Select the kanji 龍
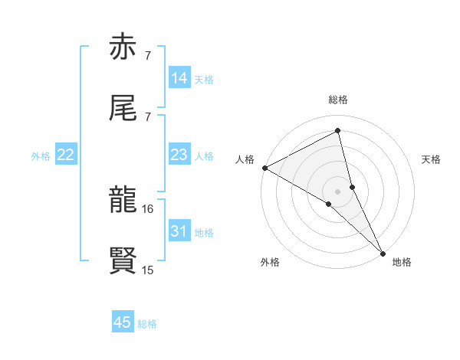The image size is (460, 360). click(x=123, y=200)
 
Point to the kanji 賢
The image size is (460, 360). click(x=123, y=261)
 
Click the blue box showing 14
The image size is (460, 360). click(x=179, y=78)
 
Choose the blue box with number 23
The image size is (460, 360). click(x=179, y=155)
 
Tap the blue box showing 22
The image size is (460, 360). click(x=66, y=155)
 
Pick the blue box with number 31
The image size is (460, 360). click(x=179, y=231)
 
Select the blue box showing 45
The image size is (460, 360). click(x=123, y=322)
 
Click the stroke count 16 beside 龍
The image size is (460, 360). click(x=149, y=208)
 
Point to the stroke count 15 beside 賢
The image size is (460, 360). click(x=149, y=270)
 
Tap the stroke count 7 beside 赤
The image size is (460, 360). click(x=147, y=55)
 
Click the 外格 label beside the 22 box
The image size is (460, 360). click(x=41, y=156)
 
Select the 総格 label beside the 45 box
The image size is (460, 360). click(x=148, y=324)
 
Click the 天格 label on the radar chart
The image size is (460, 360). click(x=431, y=159)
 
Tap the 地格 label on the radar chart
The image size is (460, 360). click(x=402, y=262)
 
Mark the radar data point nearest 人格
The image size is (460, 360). click(x=264, y=167)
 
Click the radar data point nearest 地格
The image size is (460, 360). click(x=383, y=252)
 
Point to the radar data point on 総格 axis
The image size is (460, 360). click(x=338, y=131)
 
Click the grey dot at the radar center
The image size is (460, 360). click(x=338, y=190)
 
